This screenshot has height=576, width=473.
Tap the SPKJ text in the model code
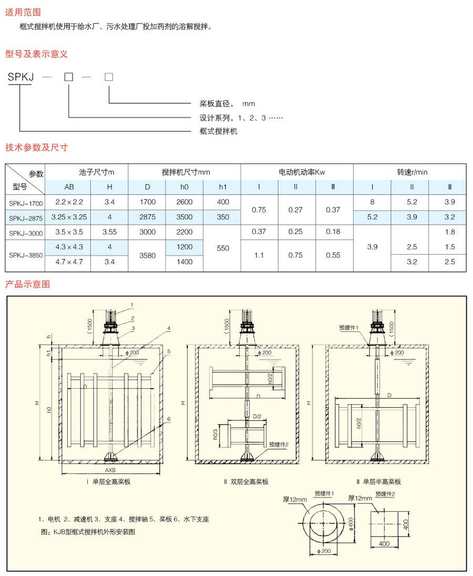coord(21,77)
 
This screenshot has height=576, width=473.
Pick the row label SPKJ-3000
coord(26,233)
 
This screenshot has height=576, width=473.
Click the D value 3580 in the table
coord(147,255)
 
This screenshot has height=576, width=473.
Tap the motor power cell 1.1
coord(259,255)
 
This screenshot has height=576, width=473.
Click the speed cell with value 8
coord(373,202)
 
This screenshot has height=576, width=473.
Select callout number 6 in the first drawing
coord(169,419)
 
